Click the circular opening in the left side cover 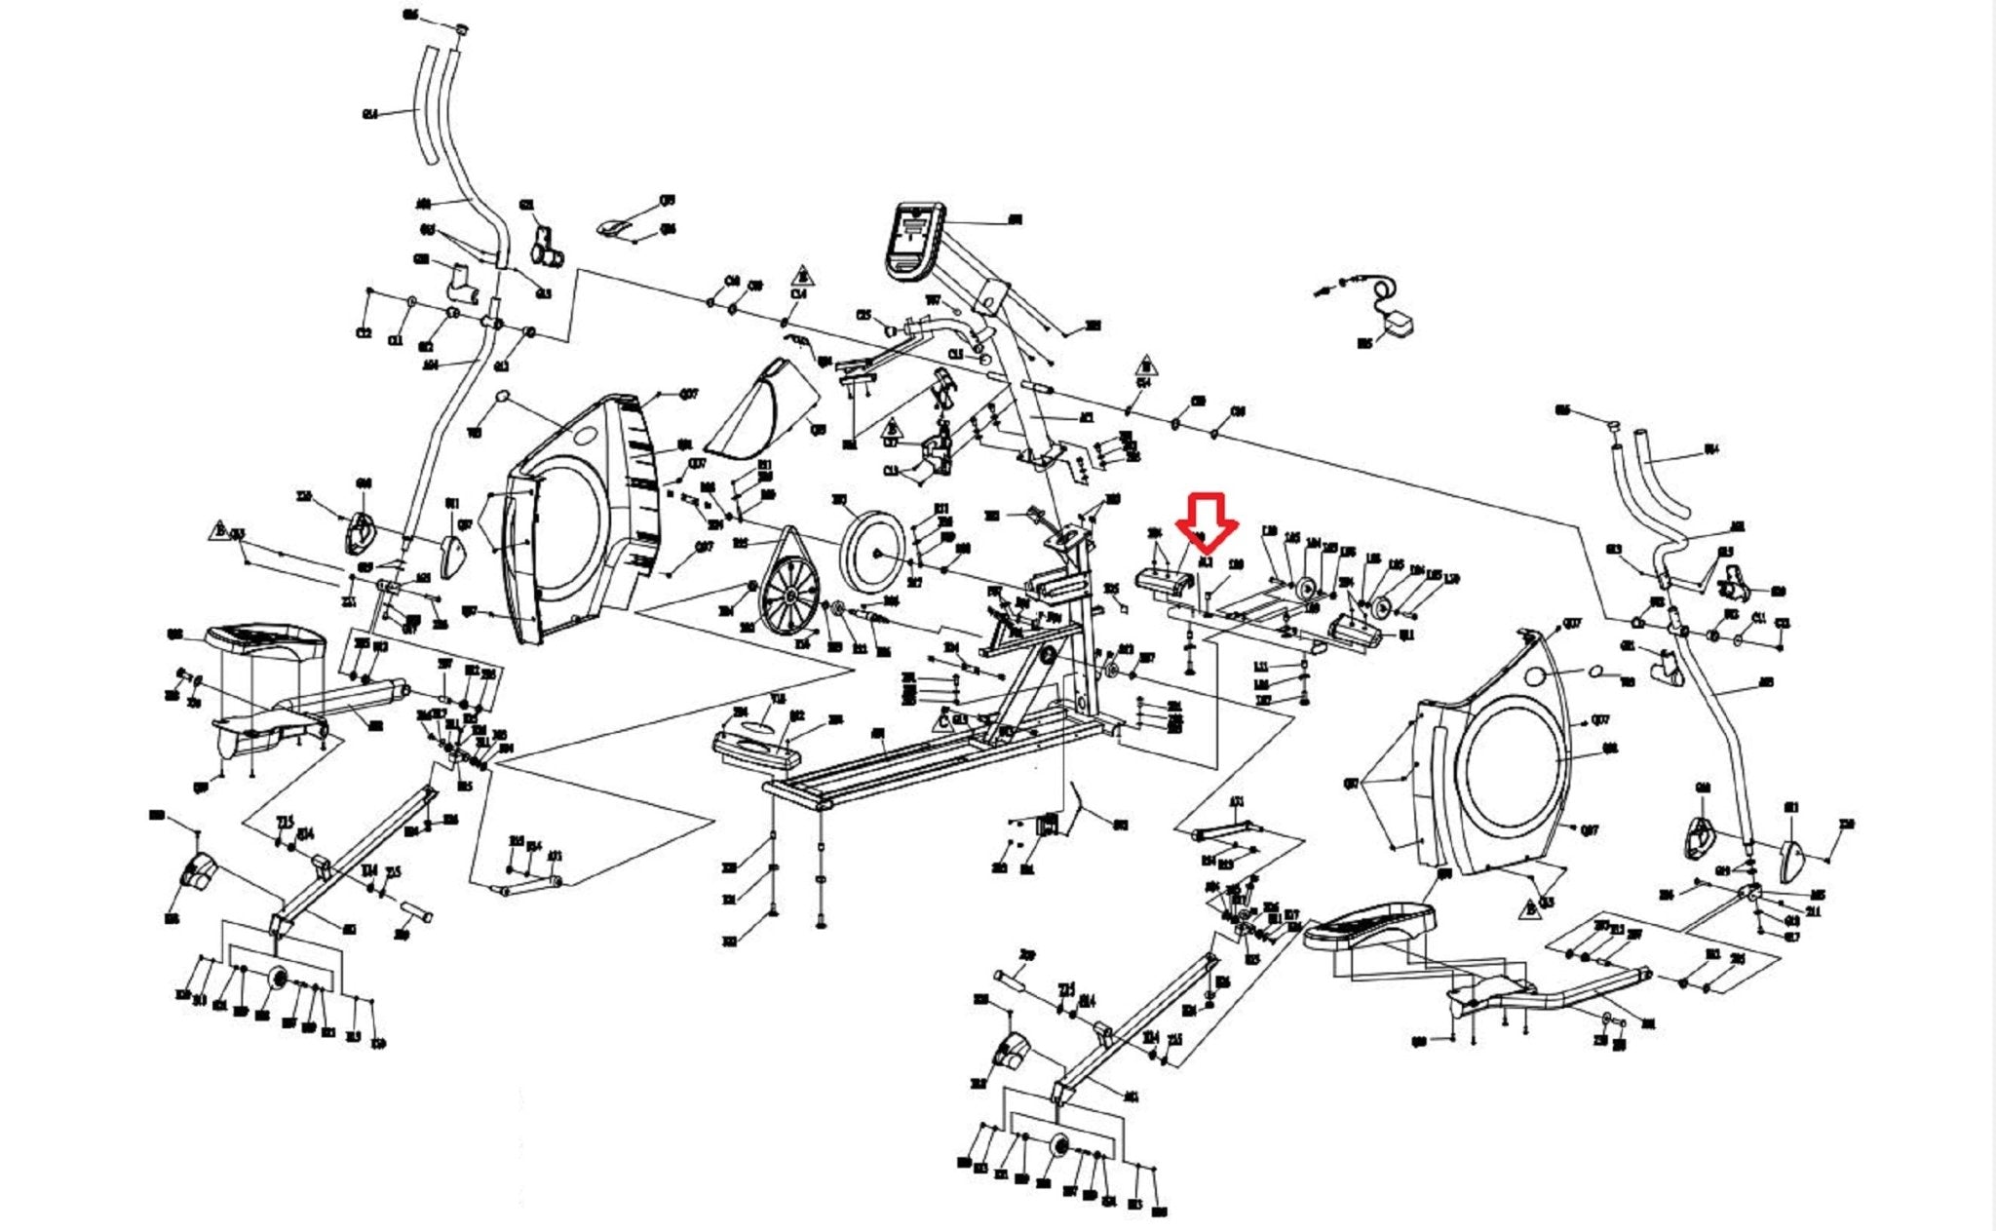[570, 526]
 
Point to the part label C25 [863, 316]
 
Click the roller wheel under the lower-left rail [278, 978]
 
